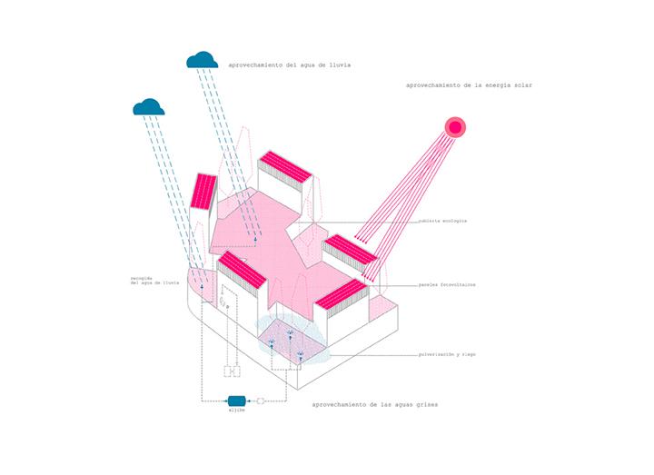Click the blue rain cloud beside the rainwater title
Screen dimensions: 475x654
click(202, 60)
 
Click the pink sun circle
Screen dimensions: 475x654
click(453, 127)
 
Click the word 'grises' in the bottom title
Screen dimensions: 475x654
click(424, 405)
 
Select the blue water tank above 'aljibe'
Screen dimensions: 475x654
click(236, 401)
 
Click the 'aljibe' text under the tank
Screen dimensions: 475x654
click(237, 412)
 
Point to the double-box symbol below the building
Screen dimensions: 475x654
click(232, 371)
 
